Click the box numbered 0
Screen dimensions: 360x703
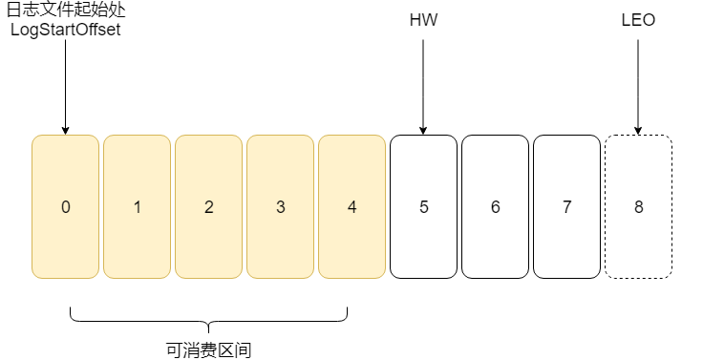pyautogui.click(x=65, y=207)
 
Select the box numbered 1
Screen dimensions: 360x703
pyautogui.click(x=137, y=207)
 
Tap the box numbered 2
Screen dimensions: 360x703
pyautogui.click(x=208, y=207)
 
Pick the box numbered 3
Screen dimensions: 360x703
pyautogui.click(x=280, y=207)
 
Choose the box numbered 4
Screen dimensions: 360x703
pyautogui.click(x=351, y=207)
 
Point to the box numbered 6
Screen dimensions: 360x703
pyautogui.click(x=495, y=207)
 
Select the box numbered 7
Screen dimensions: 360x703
pyautogui.click(x=566, y=207)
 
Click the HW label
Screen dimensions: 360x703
pyautogui.click(x=423, y=19)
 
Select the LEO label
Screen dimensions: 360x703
pyautogui.click(x=638, y=19)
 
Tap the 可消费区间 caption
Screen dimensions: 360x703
pyautogui.click(x=208, y=349)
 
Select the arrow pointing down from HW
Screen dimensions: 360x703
pyautogui.click(x=423, y=86)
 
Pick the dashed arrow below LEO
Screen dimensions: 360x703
pyautogui.click(x=638, y=86)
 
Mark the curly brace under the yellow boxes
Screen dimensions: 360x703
pyautogui.click(x=208, y=321)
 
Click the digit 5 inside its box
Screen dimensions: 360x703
pyautogui.click(x=423, y=207)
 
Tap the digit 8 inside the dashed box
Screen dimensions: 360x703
pyautogui.click(x=638, y=207)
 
